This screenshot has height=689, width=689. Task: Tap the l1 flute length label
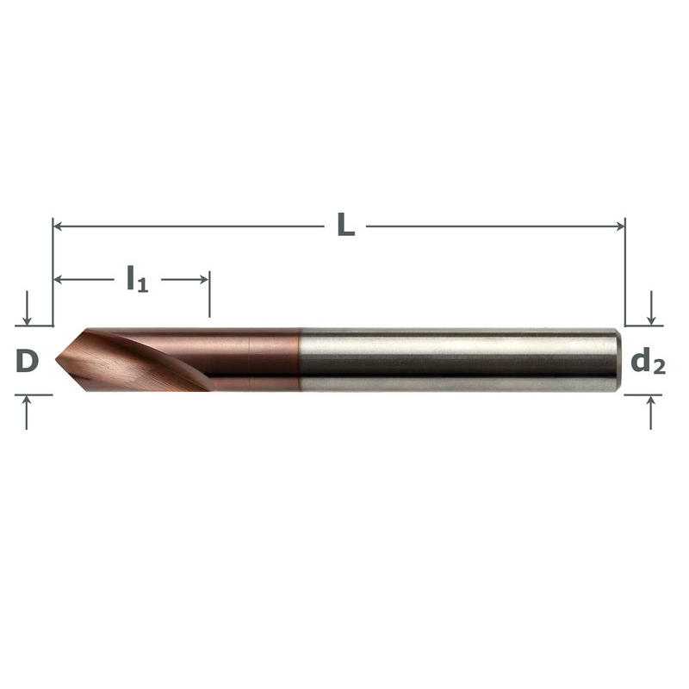pyautogui.click(x=138, y=279)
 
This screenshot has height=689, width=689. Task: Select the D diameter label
pyautogui.click(x=28, y=361)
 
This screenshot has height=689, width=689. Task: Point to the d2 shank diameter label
pyautogui.click(x=649, y=362)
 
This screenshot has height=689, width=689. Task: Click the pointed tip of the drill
pyautogui.click(x=56, y=360)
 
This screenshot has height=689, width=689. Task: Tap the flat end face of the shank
pyautogui.click(x=618, y=359)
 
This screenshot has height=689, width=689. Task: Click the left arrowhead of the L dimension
pyautogui.click(x=57, y=227)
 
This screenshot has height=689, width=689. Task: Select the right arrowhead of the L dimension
pyautogui.click(x=620, y=227)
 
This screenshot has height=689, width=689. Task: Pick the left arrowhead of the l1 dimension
pyautogui.click(x=58, y=279)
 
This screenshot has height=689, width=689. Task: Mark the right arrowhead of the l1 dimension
pyautogui.click(x=205, y=279)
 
